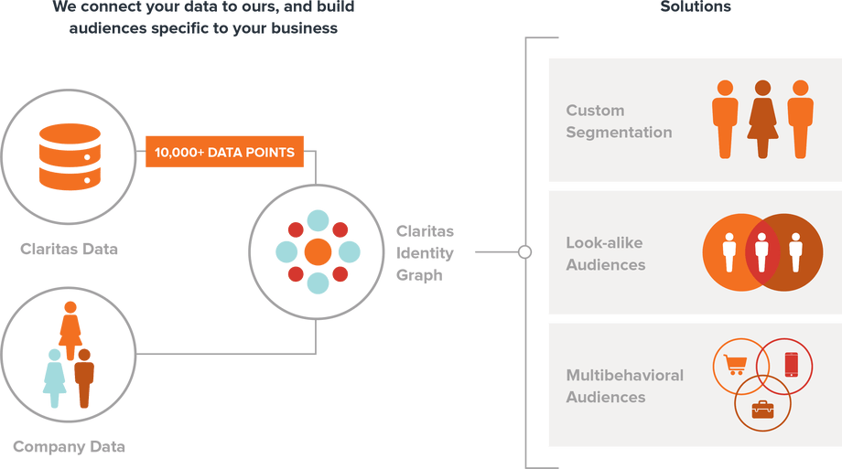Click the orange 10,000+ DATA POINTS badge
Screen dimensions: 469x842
tap(224, 152)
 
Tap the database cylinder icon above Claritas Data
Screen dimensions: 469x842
tap(69, 158)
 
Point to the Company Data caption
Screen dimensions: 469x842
tap(69, 447)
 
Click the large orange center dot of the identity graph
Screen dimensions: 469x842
tap(318, 251)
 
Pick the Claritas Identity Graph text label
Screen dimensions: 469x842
tap(425, 252)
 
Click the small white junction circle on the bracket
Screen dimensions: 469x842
tap(524, 251)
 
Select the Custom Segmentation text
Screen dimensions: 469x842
tap(619, 122)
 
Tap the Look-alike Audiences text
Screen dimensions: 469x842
tap(605, 254)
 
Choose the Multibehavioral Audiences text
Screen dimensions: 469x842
tap(624, 386)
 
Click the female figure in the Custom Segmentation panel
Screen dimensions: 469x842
tap(762, 119)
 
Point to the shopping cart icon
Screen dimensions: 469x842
tap(734, 364)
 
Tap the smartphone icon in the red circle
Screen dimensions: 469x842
tap(791, 364)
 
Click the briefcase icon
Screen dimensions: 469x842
tap(762, 408)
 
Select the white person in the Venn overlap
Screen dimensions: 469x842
tap(762, 251)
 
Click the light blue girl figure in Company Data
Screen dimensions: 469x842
tap(55, 377)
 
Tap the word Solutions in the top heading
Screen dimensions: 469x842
tap(696, 7)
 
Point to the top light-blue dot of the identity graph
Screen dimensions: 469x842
tap(318, 220)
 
